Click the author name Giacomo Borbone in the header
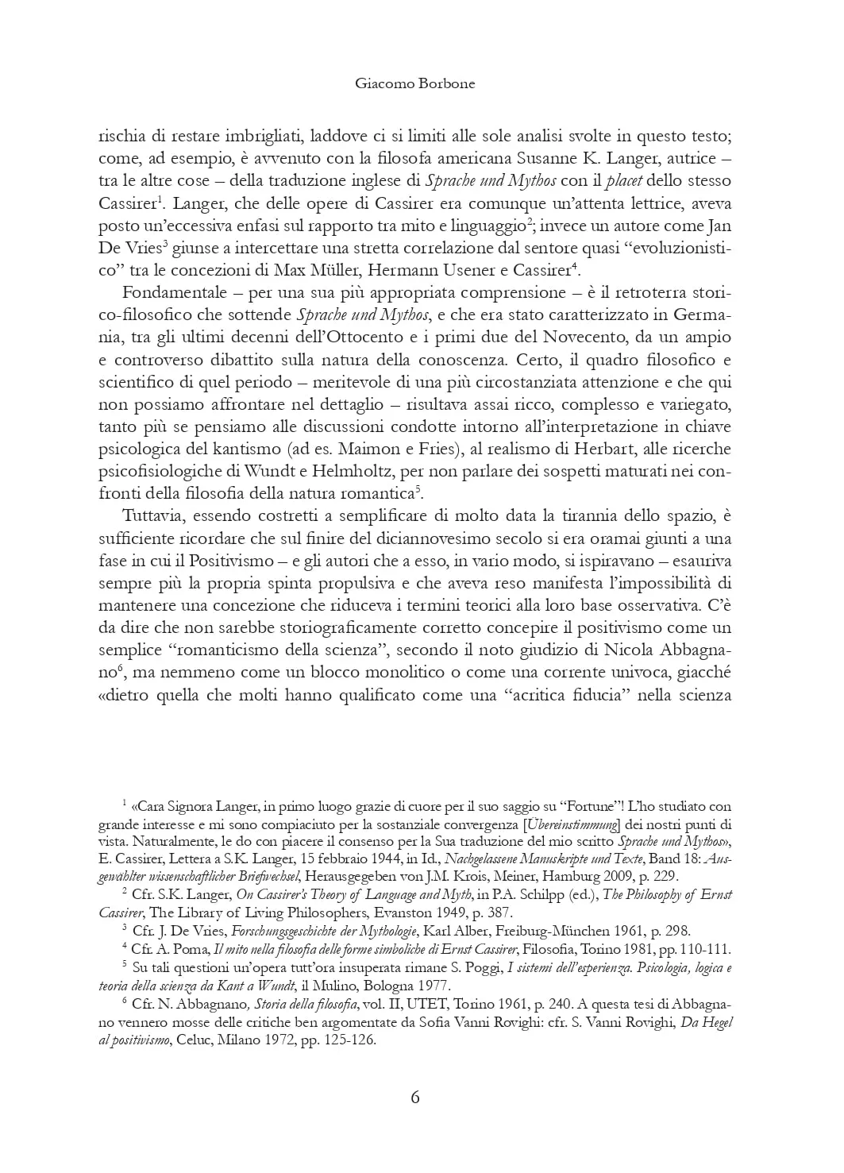414,83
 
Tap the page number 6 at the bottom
414,1098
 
